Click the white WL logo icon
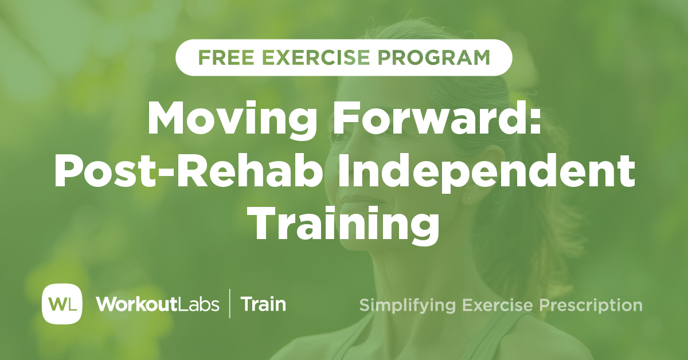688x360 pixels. tap(62, 303)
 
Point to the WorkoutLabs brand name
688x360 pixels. tap(158, 304)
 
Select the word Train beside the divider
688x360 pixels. tap(263, 304)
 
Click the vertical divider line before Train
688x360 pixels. tap(230, 304)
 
